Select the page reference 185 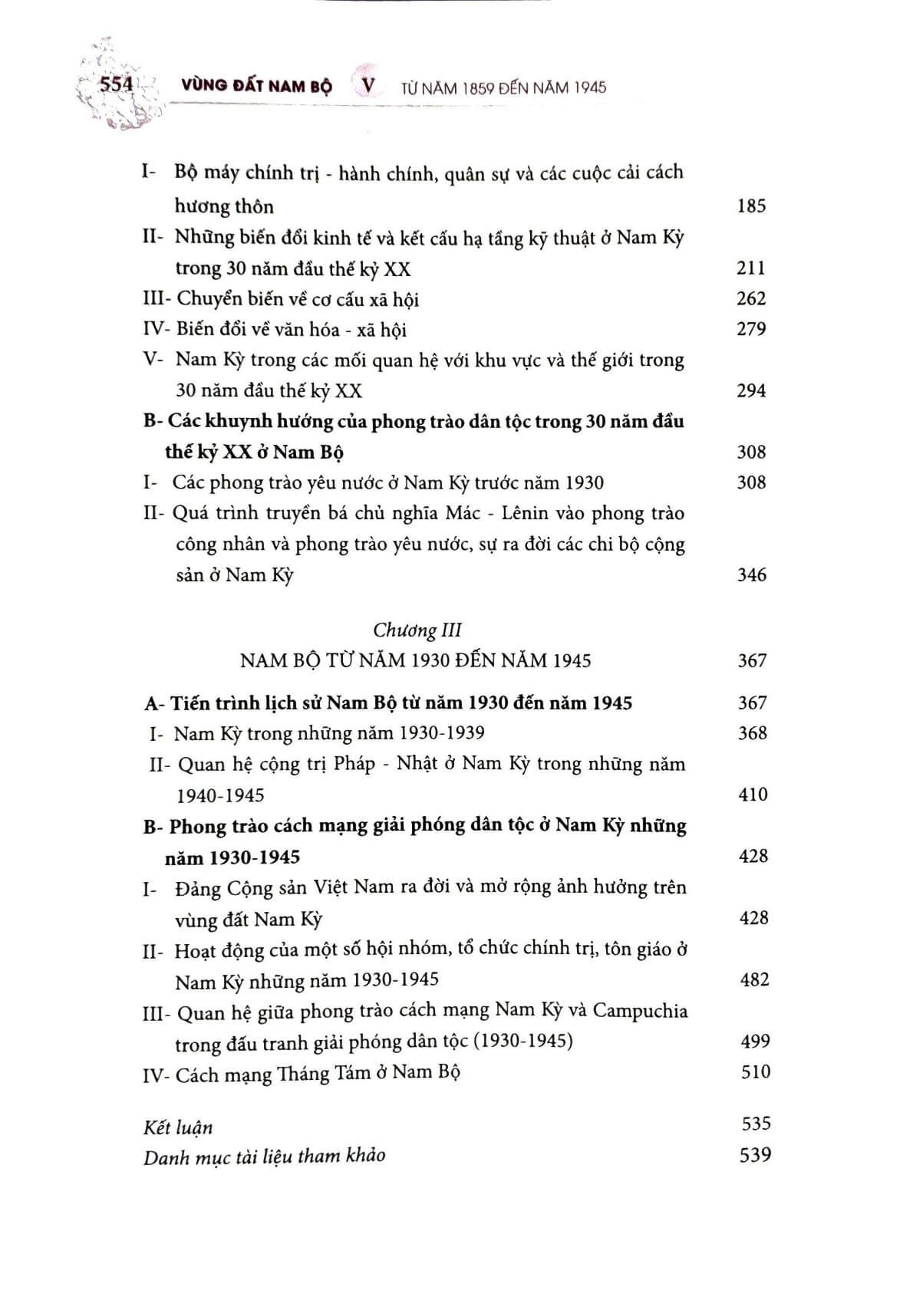tap(751, 206)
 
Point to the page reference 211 tap(751, 268)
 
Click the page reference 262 tap(751, 298)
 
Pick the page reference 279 tap(751, 329)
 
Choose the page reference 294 tap(751, 390)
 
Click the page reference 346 tap(752, 574)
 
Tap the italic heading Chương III tap(417, 630)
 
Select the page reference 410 tap(753, 794)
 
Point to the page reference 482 tap(753, 979)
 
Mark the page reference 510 tap(755, 1071)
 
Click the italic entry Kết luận tap(178, 1127)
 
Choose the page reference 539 tap(755, 1154)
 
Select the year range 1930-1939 tap(441, 733)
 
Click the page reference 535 tap(756, 1124)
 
